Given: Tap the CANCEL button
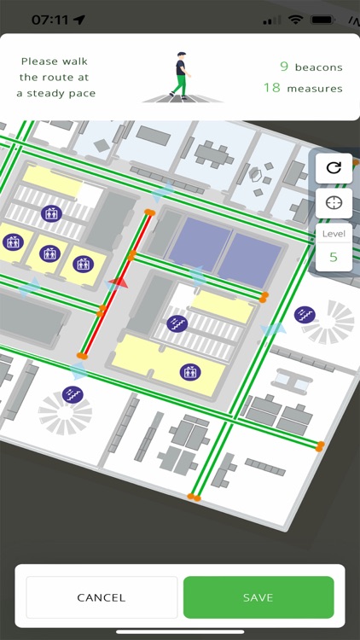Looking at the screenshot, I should point(102,597).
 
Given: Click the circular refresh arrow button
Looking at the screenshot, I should point(334,167).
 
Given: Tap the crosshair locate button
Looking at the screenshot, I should point(334,203).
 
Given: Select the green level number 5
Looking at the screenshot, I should point(334,256).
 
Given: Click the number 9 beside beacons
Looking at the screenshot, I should point(284,67).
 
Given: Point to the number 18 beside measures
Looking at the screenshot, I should point(272,88).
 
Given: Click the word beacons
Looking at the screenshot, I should point(319,67).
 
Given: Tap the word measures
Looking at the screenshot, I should point(315,88).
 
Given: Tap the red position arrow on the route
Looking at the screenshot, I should point(119,282).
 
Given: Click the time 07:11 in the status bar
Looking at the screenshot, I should point(50,18).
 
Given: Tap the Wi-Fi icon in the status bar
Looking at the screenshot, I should point(296,19).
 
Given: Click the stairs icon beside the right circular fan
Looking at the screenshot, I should point(304,315).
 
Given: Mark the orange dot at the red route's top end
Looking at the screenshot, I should point(149,212).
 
